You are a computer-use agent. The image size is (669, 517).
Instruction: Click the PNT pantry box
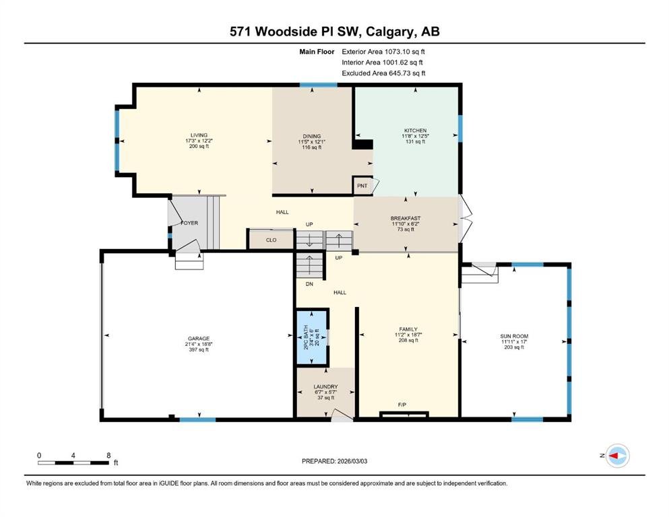pyautogui.click(x=362, y=186)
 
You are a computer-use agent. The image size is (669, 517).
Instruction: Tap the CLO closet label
pyautogui.click(x=271, y=240)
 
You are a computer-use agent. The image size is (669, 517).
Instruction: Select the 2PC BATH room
pyautogui.click(x=312, y=337)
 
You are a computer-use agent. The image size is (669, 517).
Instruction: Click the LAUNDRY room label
pyautogui.click(x=325, y=386)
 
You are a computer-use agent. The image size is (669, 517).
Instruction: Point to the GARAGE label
pyautogui.click(x=199, y=339)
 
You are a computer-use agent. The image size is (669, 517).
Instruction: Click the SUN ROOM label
pyautogui.click(x=514, y=336)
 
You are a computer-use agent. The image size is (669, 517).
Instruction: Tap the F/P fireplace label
pyautogui.click(x=402, y=405)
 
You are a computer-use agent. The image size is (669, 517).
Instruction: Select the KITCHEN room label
pyautogui.click(x=415, y=131)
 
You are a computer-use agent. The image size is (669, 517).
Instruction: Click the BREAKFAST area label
pyautogui.click(x=406, y=218)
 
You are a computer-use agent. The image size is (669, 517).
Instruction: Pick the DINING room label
pyautogui.click(x=312, y=137)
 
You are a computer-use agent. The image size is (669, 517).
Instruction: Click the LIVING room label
pyautogui.click(x=199, y=135)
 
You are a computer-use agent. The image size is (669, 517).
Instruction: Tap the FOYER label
pyautogui.click(x=189, y=223)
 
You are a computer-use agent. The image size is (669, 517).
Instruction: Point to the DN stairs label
pyautogui.click(x=309, y=284)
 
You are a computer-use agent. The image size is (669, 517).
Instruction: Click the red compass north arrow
pyautogui.click(x=614, y=456)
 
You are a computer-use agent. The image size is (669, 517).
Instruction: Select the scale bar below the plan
pyautogui.click(x=73, y=463)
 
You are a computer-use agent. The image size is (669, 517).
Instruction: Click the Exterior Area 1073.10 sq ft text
pyautogui.click(x=383, y=52)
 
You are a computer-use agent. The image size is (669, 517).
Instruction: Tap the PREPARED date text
pyautogui.click(x=334, y=461)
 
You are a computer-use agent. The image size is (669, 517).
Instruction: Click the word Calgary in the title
pyautogui.click(x=390, y=32)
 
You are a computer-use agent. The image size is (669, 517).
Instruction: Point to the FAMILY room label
pyautogui.click(x=408, y=329)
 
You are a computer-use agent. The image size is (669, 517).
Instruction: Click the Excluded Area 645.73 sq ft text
pyautogui.click(x=383, y=73)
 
